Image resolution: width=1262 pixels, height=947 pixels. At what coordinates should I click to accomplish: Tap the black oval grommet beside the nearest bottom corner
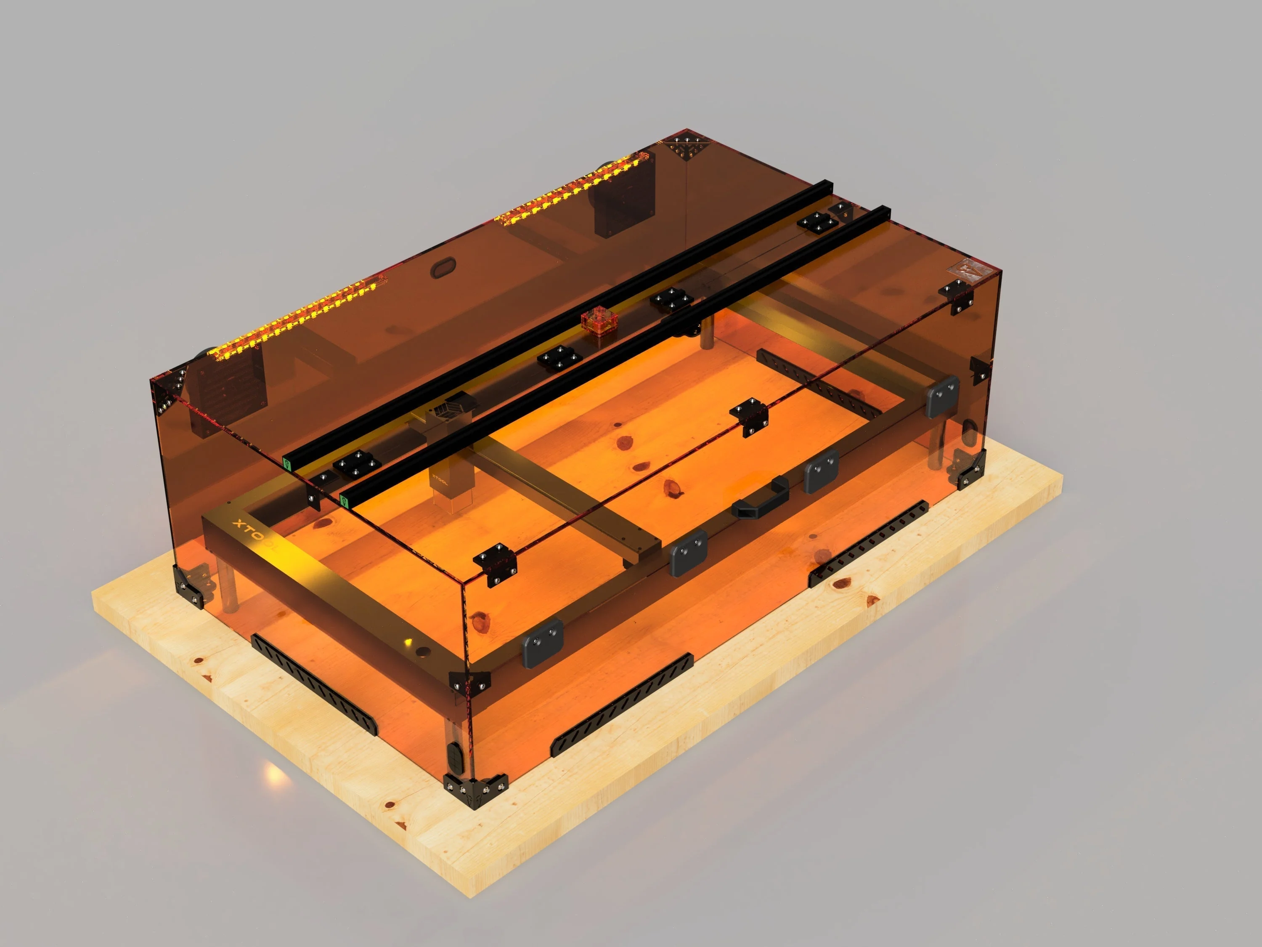[x=455, y=758]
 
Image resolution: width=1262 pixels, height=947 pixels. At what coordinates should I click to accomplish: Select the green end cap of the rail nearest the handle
[x=344, y=500]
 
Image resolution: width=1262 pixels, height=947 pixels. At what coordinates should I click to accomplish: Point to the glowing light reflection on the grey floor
[x=274, y=774]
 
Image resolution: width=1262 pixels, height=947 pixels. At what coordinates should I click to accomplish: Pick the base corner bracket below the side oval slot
[x=967, y=468]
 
